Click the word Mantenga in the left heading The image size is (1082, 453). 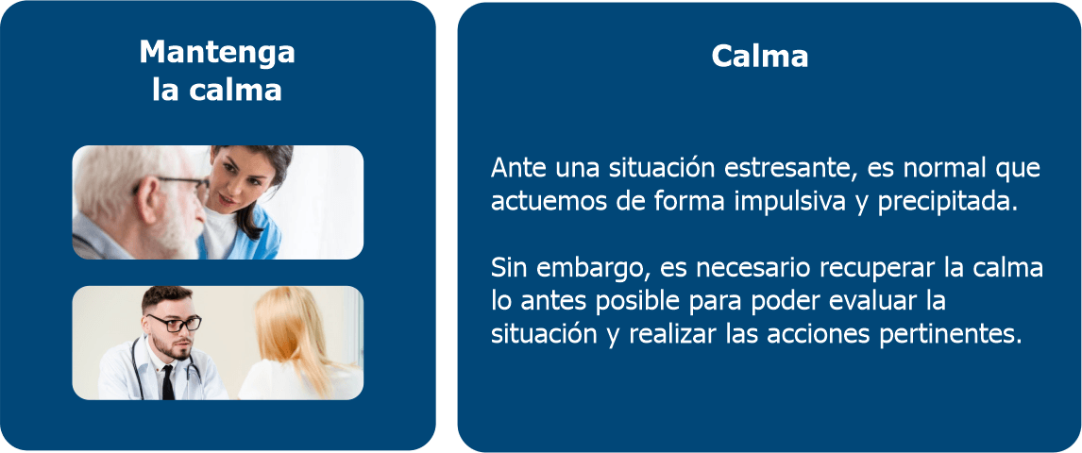coord(217,53)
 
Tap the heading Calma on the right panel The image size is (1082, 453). coord(760,57)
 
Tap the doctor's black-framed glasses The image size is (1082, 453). coord(174,323)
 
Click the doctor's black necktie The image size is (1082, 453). coord(168,382)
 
